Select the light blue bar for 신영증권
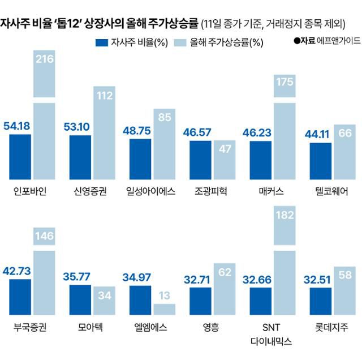(104, 133)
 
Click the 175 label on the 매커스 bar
(285, 82)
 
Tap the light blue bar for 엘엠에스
(165, 308)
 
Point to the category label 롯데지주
(333, 327)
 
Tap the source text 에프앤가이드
(337, 41)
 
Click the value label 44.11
(321, 134)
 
